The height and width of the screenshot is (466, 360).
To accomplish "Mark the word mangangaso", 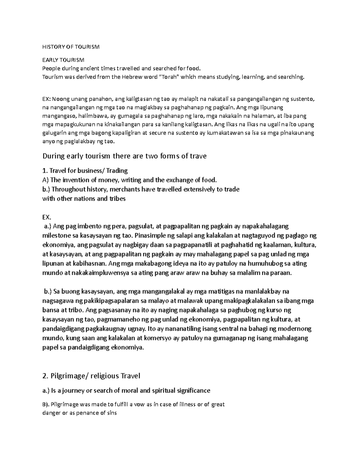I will click(x=58, y=116).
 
